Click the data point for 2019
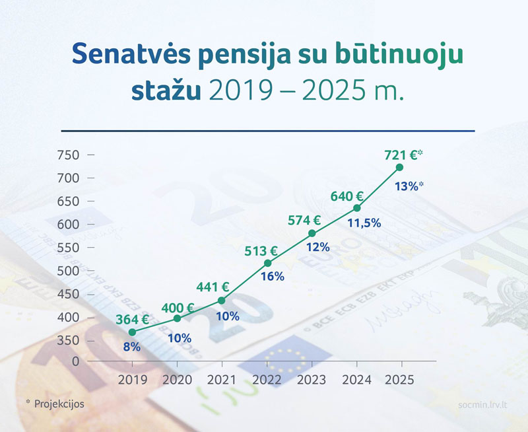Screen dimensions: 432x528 [x=132, y=332]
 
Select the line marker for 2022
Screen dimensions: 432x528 [x=267, y=263]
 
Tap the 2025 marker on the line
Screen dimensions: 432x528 [x=399, y=167]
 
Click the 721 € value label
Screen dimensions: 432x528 [x=400, y=155]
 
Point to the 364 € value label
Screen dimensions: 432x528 [x=131, y=320]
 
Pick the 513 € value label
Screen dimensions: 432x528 [x=261, y=251]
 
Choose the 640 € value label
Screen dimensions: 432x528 [x=347, y=196]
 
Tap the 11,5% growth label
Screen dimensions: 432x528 [x=364, y=223]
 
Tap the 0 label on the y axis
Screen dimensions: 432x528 [x=75, y=361]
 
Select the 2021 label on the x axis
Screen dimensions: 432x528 [x=222, y=380]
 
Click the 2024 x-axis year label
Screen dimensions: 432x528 [x=356, y=380]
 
